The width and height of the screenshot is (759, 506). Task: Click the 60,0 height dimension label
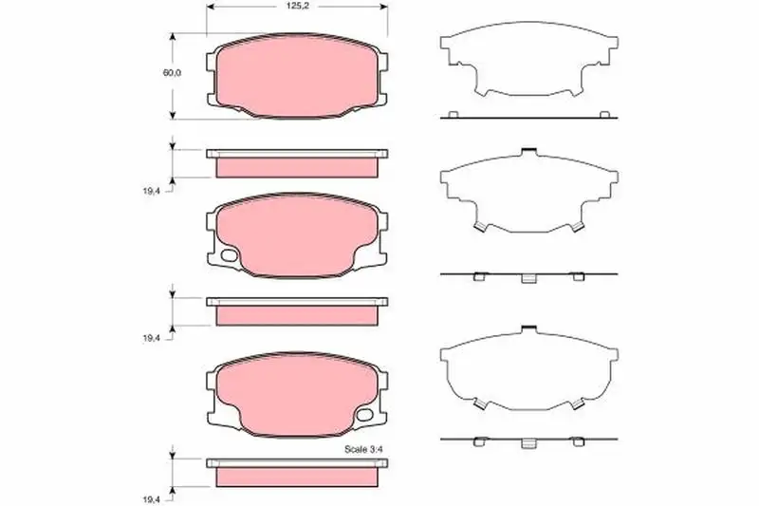172,73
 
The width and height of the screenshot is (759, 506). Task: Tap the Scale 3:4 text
363,449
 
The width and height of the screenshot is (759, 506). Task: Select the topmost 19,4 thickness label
151,191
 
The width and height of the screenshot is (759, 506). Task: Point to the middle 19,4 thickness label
151,339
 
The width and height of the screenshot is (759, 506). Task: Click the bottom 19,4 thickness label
151,499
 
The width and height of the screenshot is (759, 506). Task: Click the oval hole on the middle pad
229,255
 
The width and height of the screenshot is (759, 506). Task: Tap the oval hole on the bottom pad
364,415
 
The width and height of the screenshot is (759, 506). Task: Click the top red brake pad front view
297,76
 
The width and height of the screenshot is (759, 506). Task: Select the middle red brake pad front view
297,235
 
